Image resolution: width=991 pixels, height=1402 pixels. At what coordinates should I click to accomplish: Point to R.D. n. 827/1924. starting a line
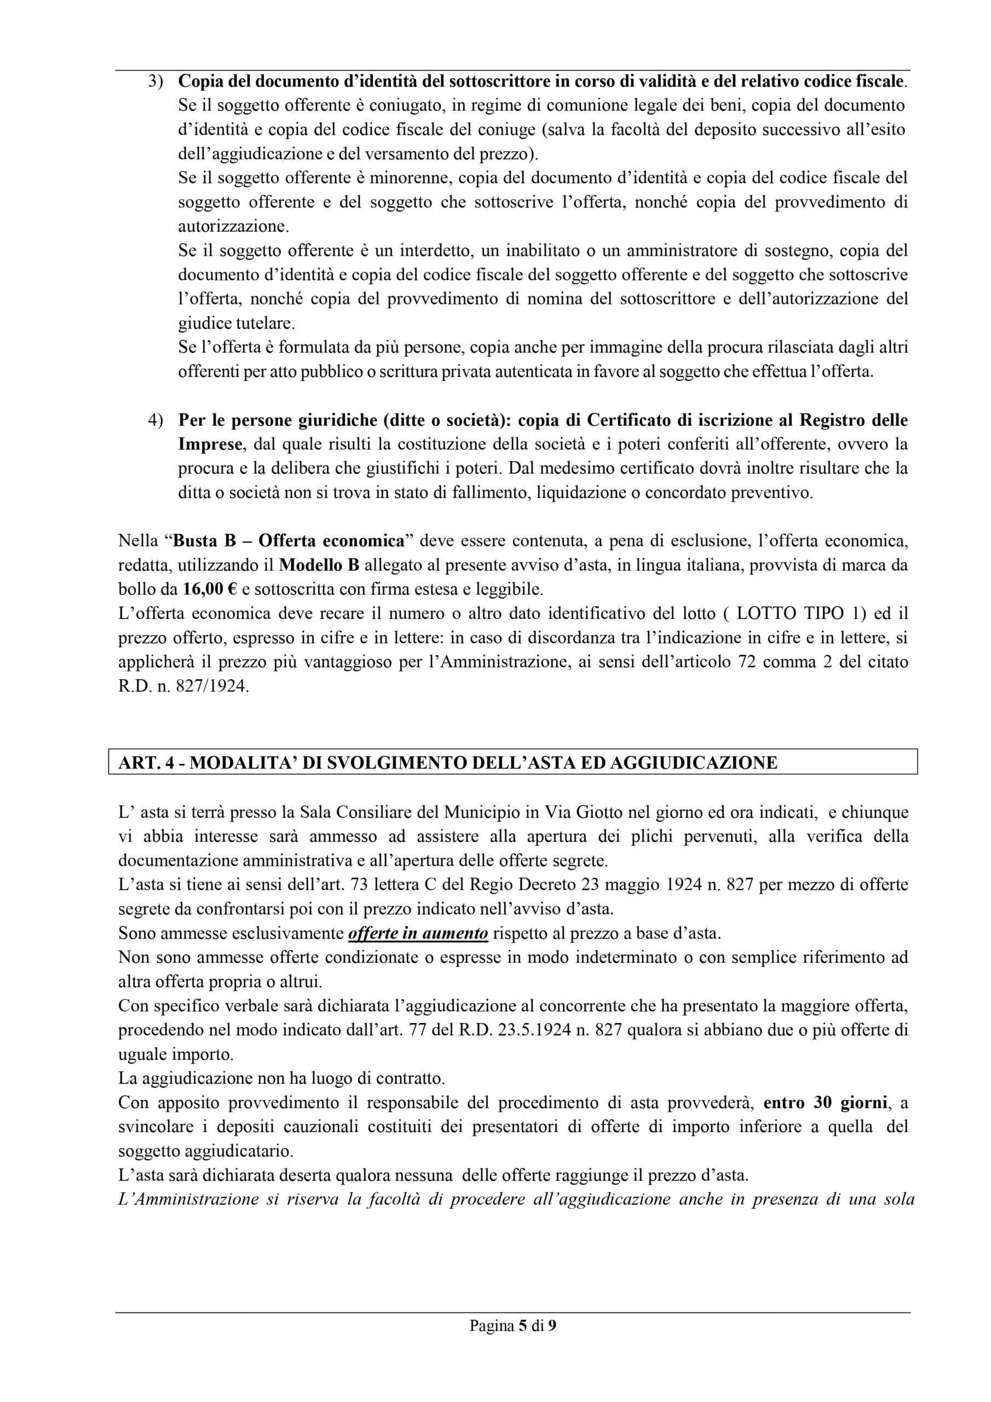pos(183,686)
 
